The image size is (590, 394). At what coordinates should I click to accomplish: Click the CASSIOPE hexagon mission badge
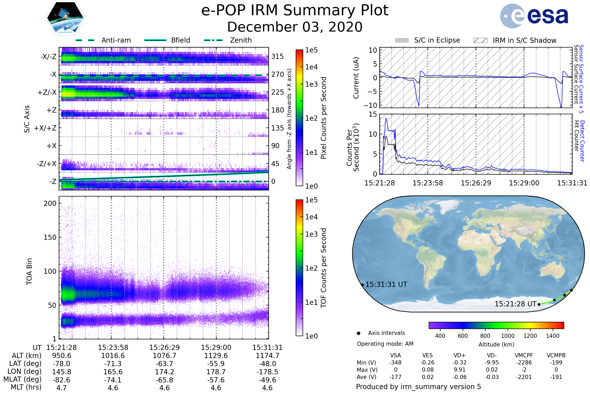65,17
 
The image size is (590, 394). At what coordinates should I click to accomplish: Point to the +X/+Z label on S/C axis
45,128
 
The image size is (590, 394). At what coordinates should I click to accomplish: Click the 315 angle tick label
278,56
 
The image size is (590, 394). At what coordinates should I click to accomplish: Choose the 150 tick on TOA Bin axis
50,237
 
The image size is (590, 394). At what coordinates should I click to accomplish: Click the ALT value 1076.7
164,356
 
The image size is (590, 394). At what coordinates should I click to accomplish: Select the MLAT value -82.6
61,380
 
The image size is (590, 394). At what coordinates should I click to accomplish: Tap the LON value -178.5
267,372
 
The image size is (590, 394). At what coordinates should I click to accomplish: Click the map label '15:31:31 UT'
386,284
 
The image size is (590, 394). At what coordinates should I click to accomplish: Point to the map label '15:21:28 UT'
515,304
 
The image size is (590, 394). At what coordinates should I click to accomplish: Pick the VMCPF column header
524,355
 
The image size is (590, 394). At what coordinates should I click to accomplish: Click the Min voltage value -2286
524,362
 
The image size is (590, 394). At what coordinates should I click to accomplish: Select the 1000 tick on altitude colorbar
508,336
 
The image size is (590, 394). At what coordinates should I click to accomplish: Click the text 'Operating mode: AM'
385,344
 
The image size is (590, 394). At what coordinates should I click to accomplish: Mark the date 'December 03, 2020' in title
295,27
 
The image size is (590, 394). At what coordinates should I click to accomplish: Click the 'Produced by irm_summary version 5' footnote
418,386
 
